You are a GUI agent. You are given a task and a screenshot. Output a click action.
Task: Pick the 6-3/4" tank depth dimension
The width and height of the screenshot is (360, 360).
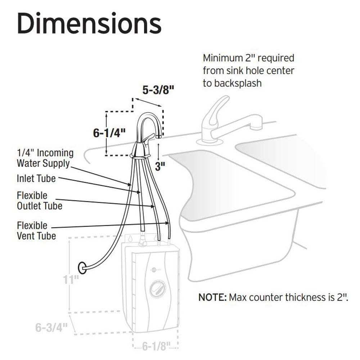51,327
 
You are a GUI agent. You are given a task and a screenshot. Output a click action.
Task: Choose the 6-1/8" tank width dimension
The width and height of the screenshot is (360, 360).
156,347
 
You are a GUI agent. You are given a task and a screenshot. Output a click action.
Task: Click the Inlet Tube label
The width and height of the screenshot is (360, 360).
36,178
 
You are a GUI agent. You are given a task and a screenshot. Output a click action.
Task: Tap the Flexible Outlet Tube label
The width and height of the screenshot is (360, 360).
40,201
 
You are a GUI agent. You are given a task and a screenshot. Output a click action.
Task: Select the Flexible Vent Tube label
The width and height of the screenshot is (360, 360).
36,230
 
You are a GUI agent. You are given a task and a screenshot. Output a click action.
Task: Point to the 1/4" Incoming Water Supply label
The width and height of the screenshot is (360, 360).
45,158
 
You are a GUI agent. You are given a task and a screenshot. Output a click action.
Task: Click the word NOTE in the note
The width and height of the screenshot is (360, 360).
212,298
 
